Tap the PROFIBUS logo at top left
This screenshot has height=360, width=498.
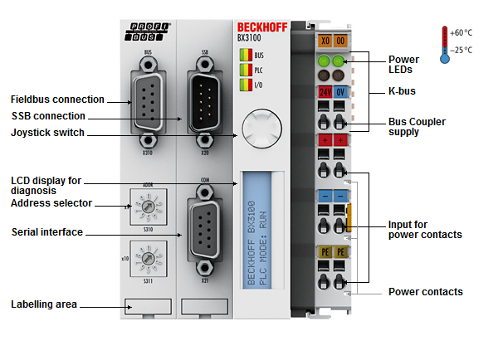click(x=149, y=32)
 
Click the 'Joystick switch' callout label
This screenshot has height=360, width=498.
click(x=47, y=132)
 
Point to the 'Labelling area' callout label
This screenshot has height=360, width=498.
click(x=43, y=304)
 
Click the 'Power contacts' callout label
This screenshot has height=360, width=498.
click(x=426, y=292)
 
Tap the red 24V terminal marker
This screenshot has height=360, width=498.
click(x=323, y=90)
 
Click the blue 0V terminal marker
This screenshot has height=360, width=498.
click(x=340, y=90)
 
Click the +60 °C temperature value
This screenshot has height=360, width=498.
click(x=462, y=32)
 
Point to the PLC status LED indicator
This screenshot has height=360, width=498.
click(x=245, y=70)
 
